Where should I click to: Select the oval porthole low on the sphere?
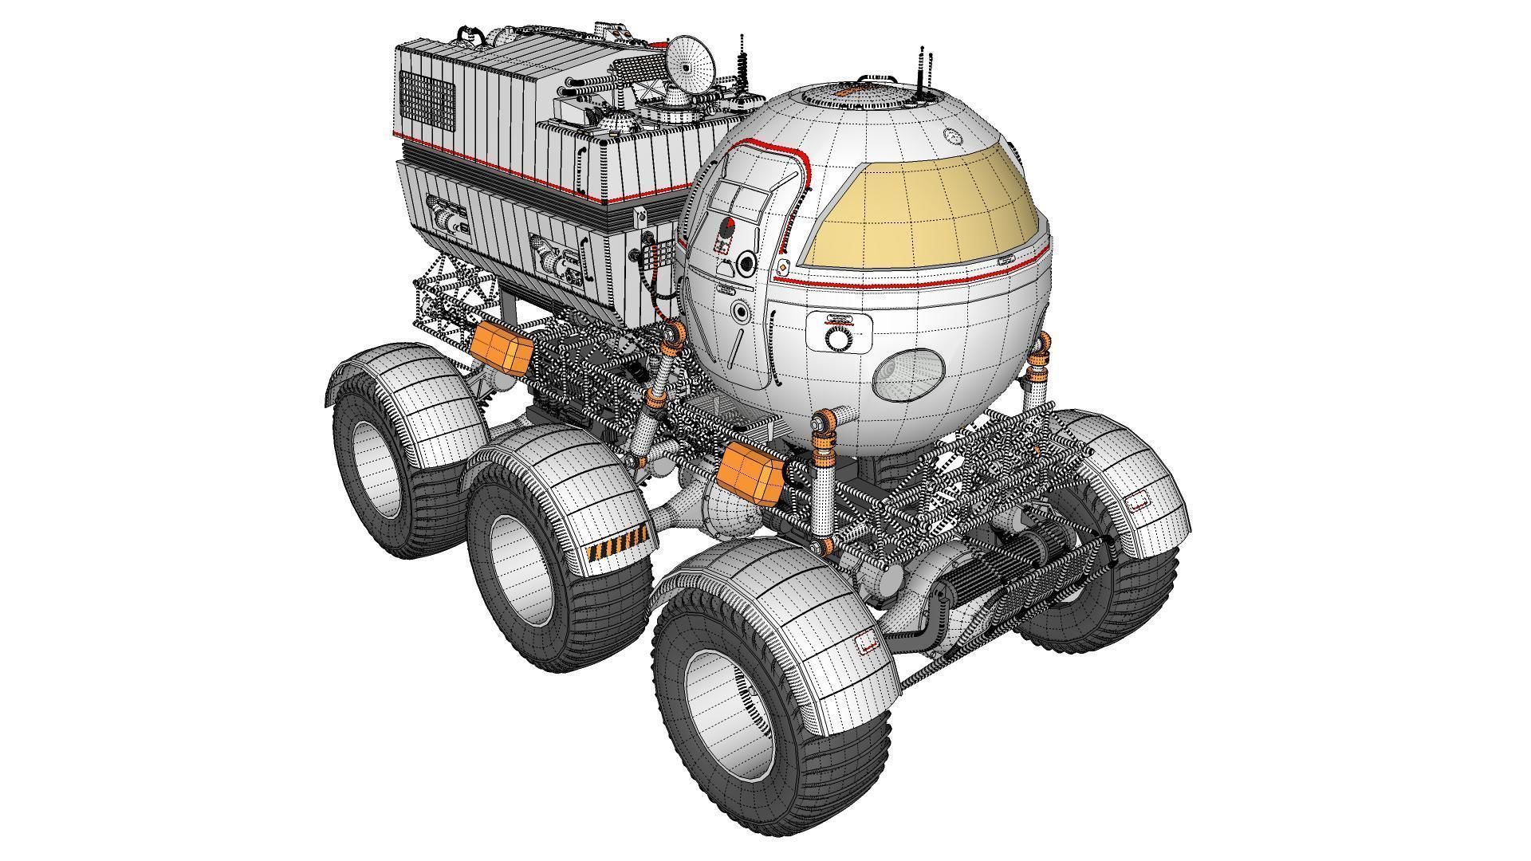pos(909,377)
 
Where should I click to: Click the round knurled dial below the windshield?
pos(838,339)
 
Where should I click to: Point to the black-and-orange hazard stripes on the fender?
pos(614,549)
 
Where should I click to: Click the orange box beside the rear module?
pos(501,350)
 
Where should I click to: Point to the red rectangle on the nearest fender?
pos(865,643)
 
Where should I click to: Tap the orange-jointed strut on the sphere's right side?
pos(1037,375)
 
